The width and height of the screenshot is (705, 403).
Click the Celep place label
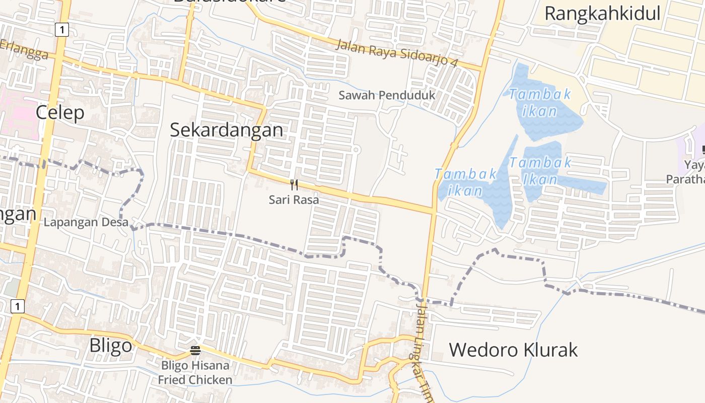point(60,112)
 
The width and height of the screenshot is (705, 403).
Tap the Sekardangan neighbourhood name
point(226,130)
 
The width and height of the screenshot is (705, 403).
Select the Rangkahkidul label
point(602,14)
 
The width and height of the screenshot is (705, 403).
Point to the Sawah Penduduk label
point(386,95)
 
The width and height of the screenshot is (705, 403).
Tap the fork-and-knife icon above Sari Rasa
point(294,185)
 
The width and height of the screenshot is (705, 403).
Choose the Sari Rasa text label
point(294,199)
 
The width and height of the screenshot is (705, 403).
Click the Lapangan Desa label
point(86,222)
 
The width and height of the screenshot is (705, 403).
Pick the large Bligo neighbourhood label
point(110,346)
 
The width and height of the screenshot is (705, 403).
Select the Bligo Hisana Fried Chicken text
point(195,372)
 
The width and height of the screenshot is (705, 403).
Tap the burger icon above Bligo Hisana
point(195,350)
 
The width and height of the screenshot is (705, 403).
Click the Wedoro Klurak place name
point(513,350)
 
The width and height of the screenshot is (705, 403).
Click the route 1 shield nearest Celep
point(61,30)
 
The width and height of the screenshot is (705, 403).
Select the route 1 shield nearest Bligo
point(18,306)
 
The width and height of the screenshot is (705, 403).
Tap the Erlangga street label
point(25,50)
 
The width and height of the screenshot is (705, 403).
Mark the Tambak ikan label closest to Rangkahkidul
point(539,102)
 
